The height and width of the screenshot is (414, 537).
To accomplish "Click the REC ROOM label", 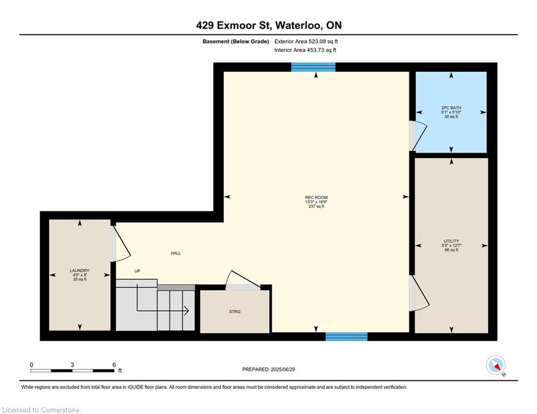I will (316, 197).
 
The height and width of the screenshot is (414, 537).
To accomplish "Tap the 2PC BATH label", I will (451, 108).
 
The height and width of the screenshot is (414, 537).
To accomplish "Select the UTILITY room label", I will (451, 241).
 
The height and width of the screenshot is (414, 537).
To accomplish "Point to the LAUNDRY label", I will (79, 271).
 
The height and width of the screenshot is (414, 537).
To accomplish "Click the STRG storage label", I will (234, 312).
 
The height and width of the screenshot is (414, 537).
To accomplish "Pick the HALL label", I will (175, 253).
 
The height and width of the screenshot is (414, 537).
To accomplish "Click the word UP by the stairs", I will (137, 271).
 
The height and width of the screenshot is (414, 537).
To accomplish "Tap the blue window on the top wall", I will (313, 67).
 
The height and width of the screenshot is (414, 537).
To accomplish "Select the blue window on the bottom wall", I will (346, 337).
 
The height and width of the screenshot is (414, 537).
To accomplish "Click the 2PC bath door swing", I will (418, 135).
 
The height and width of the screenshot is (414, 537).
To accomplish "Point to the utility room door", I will (417, 294).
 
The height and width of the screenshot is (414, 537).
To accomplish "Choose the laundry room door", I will (120, 244).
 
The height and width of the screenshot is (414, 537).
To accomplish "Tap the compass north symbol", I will (495, 365).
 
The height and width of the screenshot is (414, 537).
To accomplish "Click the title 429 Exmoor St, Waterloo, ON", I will (268, 25).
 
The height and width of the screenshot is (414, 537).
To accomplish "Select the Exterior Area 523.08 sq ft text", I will (306, 41).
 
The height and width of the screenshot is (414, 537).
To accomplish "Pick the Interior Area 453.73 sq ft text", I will (305, 50).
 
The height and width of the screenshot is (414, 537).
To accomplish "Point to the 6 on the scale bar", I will (114, 365).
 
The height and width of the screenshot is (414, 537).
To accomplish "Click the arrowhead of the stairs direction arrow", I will (186, 310).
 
